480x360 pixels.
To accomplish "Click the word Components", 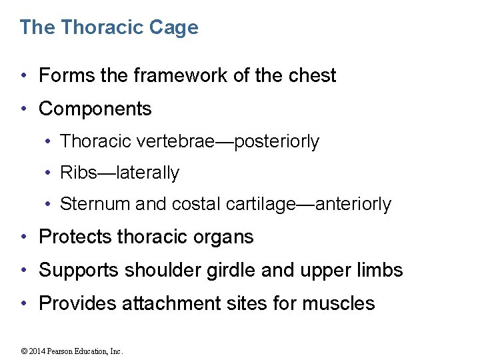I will point(95,109).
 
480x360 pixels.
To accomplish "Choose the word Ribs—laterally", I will point(120,173).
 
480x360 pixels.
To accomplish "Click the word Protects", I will point(75,237).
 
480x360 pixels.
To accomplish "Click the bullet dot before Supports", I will point(24,271).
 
